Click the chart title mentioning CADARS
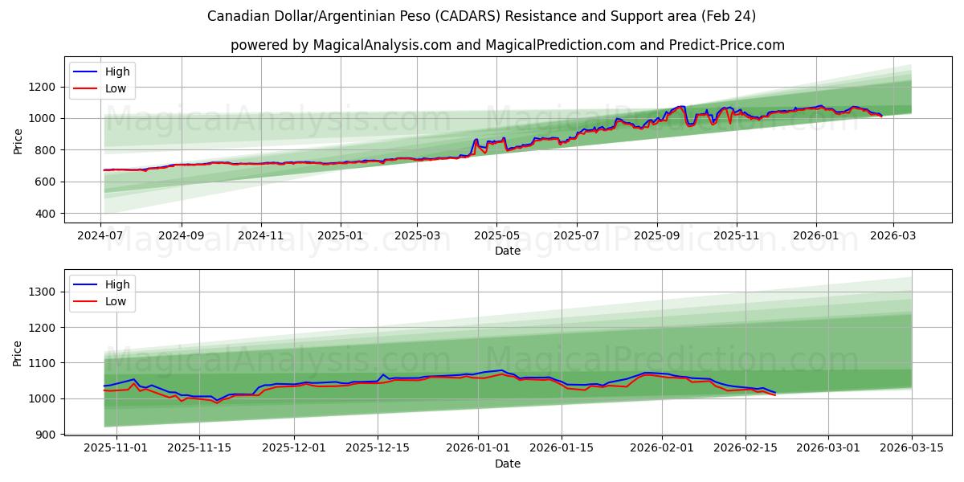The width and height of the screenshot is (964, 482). [x=481, y=16]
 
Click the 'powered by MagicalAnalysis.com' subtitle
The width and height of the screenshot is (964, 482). [x=507, y=45]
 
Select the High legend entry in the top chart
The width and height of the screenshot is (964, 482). [x=117, y=71]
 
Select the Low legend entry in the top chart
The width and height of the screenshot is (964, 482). [x=116, y=88]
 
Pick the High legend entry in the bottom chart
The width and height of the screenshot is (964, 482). [x=117, y=284]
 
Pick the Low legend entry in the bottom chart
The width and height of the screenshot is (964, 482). [x=116, y=301]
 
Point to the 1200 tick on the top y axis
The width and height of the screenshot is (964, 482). [x=44, y=87]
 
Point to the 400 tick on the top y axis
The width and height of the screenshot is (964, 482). [x=47, y=214]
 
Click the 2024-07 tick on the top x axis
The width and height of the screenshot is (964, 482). [x=100, y=236]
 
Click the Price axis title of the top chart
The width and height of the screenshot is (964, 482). [x=18, y=141]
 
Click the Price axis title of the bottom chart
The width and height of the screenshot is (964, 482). [x=18, y=353]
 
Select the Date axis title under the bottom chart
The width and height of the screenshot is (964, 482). [x=507, y=464]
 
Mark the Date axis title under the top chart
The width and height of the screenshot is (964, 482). [x=507, y=251]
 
